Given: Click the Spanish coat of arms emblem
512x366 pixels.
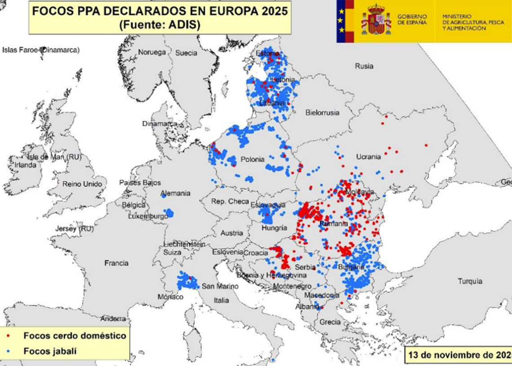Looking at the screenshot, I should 376,20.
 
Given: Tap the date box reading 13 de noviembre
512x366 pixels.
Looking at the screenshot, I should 458,354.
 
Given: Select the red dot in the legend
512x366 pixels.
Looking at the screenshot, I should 9,335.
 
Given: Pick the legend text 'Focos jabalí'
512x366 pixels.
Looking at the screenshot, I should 50,351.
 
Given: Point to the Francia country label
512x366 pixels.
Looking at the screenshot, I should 116,263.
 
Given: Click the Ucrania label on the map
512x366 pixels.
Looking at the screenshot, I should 368,157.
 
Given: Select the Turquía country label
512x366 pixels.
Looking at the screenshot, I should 470,281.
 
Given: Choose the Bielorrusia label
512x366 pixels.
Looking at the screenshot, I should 322,113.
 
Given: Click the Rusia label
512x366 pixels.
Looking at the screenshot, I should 364,66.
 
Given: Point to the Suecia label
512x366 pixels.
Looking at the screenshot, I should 186,53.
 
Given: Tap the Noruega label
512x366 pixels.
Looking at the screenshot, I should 152,52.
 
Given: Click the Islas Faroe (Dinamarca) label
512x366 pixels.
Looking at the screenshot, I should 41,49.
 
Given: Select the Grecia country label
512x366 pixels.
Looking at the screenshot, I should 330,322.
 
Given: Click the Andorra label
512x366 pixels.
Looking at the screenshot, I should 113,318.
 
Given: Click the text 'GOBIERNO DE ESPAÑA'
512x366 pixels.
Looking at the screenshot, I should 412,19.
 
